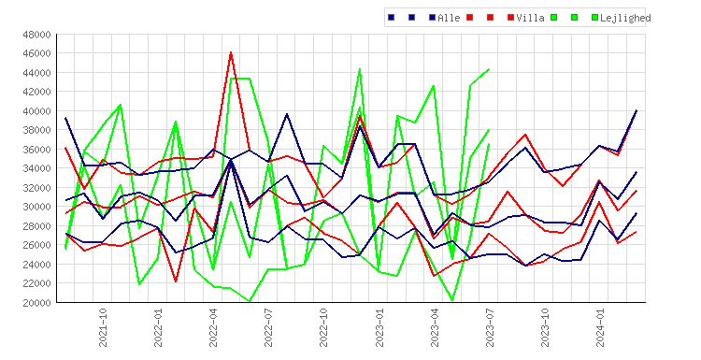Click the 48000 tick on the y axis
tap(36, 34)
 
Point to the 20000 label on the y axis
tap(36, 302)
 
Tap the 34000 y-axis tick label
tap(36, 168)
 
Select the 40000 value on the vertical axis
tap(36, 111)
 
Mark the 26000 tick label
tap(36, 245)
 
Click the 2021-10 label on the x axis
tap(103, 327)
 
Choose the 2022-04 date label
tap(213, 327)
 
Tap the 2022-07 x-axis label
tap(268, 327)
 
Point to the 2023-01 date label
tap(379, 327)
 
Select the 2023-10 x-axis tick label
tap(545, 327)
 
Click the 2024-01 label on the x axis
tap(600, 327)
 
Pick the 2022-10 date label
tap(323, 327)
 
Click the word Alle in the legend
tap(449, 18)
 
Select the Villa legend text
tap(530, 18)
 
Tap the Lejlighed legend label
tap(625, 18)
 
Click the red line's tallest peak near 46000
tap(231, 52)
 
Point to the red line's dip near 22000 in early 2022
tap(176, 281)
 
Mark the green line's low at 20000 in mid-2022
tap(250, 301)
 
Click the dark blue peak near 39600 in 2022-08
tap(287, 114)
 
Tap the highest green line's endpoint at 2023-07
tap(489, 69)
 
